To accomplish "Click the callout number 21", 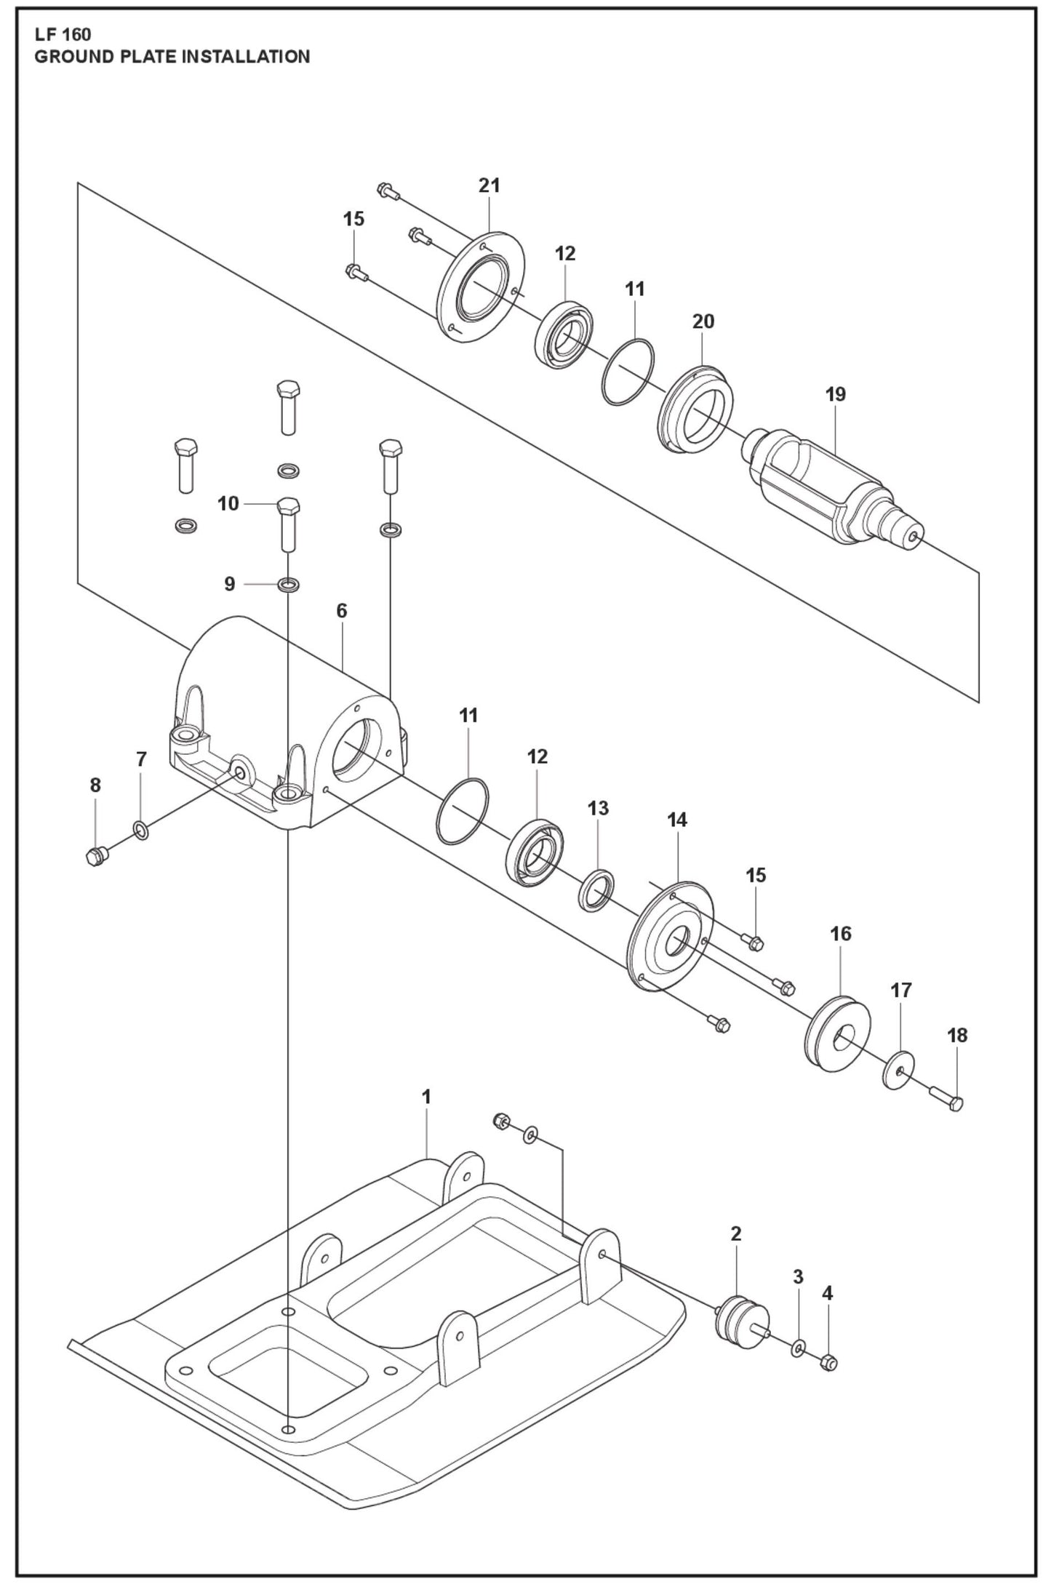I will pos(489,186).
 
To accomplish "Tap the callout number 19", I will pos(836,395).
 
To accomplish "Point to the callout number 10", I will pos(228,503).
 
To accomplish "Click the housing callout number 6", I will pos(342,611).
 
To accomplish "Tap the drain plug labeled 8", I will pos(96,856).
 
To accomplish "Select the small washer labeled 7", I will pos(140,830).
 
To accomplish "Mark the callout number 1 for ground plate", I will pos(427,1097).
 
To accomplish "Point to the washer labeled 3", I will pos(799,1349).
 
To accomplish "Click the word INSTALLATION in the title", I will pos(245,57).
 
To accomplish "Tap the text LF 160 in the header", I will pos(63,34).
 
